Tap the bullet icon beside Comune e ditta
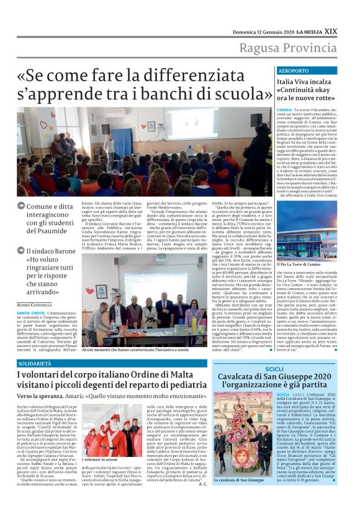pos(20,206)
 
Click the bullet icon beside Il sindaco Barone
pos(20,251)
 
